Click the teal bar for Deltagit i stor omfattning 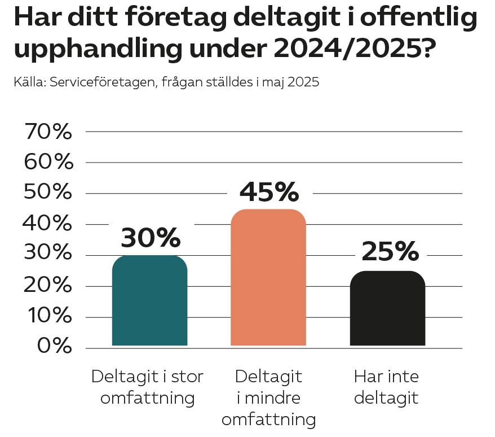(x=149, y=300)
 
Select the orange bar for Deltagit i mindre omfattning (x=268, y=277)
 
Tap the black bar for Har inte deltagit (x=387, y=308)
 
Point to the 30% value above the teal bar (x=150, y=238)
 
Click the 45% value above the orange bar (x=269, y=191)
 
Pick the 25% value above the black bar (x=390, y=251)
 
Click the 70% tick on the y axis (x=48, y=132)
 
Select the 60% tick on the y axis (x=48, y=163)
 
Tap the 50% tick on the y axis (x=48, y=193)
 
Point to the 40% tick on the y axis (x=48, y=224)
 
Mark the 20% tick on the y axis (x=48, y=286)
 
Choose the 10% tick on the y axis (x=48, y=317)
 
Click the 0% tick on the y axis (x=55, y=347)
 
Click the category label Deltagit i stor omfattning (x=147, y=387)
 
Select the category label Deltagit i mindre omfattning (x=268, y=397)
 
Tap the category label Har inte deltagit (x=387, y=387)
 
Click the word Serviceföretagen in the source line (x=104, y=82)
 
